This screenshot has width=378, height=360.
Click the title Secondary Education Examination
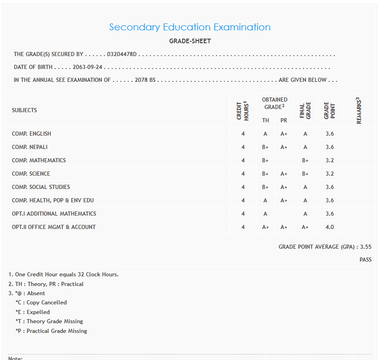190,27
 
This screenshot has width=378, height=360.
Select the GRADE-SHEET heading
190,41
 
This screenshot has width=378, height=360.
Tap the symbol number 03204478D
122,54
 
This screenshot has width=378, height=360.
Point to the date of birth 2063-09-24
87,67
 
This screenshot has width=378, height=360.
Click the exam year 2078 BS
145,80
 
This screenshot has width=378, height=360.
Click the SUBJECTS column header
24,110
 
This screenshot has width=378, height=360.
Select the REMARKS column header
359,110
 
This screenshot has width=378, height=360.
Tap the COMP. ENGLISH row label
31,134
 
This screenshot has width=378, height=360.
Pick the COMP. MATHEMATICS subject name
39,160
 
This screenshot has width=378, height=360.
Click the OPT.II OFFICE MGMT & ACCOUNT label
54,227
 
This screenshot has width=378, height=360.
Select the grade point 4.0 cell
329,227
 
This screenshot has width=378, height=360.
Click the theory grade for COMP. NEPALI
265,147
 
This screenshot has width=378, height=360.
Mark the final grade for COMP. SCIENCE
305,174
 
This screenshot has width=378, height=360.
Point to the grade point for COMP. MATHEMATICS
329,160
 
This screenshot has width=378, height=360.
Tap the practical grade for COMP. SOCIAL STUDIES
284,187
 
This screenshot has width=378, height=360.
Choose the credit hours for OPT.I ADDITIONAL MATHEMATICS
243,214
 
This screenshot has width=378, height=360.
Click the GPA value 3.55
366,247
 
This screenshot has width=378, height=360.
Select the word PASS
365,260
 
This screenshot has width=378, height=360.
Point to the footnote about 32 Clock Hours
63,274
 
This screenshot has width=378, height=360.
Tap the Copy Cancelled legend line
41,303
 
